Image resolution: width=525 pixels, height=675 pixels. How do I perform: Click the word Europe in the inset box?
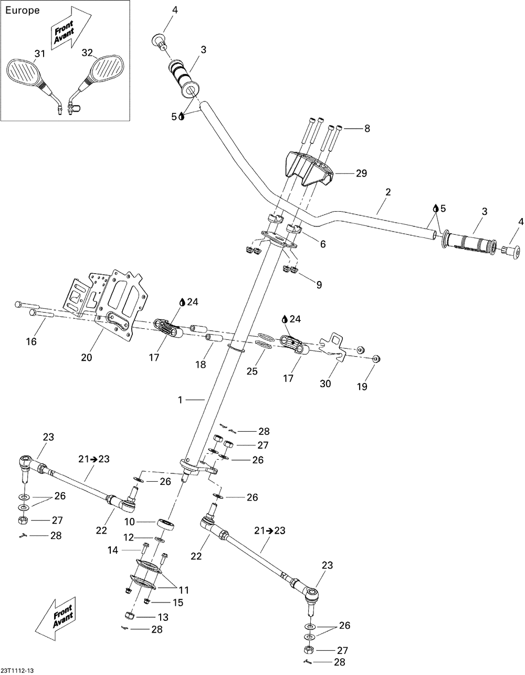[23, 11]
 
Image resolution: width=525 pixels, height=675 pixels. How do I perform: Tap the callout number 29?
[362, 173]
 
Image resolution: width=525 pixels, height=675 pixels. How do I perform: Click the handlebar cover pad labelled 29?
[308, 169]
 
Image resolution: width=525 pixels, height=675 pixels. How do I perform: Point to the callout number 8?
[367, 128]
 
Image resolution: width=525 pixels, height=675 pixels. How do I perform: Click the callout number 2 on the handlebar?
[388, 192]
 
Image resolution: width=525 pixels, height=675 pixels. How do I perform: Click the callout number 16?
[32, 341]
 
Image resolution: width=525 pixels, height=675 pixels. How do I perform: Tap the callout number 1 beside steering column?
[180, 400]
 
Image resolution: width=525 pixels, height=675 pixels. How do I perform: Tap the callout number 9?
[319, 284]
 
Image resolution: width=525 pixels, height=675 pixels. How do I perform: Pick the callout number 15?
[178, 603]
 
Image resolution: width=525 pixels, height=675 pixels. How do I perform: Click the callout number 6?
[323, 244]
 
